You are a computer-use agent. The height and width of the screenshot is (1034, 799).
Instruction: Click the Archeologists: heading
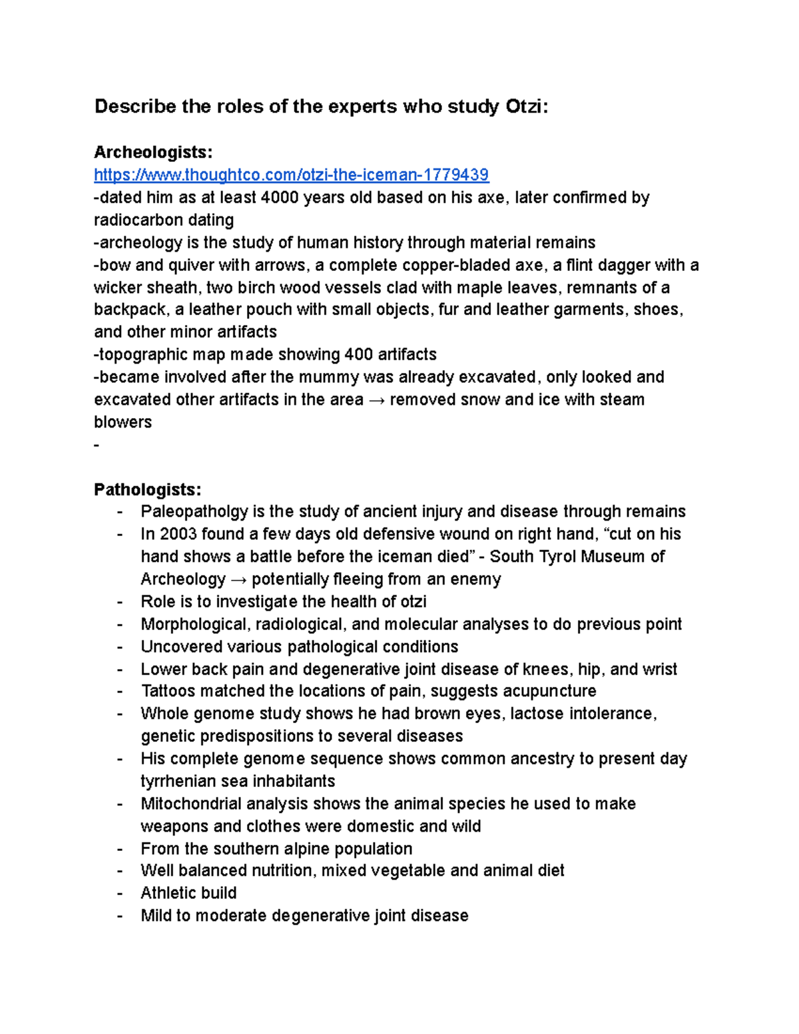pyautogui.click(x=153, y=152)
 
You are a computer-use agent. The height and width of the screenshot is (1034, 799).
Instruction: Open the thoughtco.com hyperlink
pyautogui.click(x=291, y=175)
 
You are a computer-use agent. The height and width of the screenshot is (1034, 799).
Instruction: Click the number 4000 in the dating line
pyautogui.click(x=280, y=198)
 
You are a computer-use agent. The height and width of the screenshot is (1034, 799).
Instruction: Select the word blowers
pyautogui.click(x=123, y=423)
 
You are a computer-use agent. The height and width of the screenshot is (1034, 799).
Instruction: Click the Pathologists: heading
pyautogui.click(x=147, y=490)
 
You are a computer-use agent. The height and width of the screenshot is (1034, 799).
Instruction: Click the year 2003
pyautogui.click(x=178, y=535)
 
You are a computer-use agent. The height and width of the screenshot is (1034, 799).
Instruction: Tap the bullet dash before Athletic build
pyautogui.click(x=120, y=894)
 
